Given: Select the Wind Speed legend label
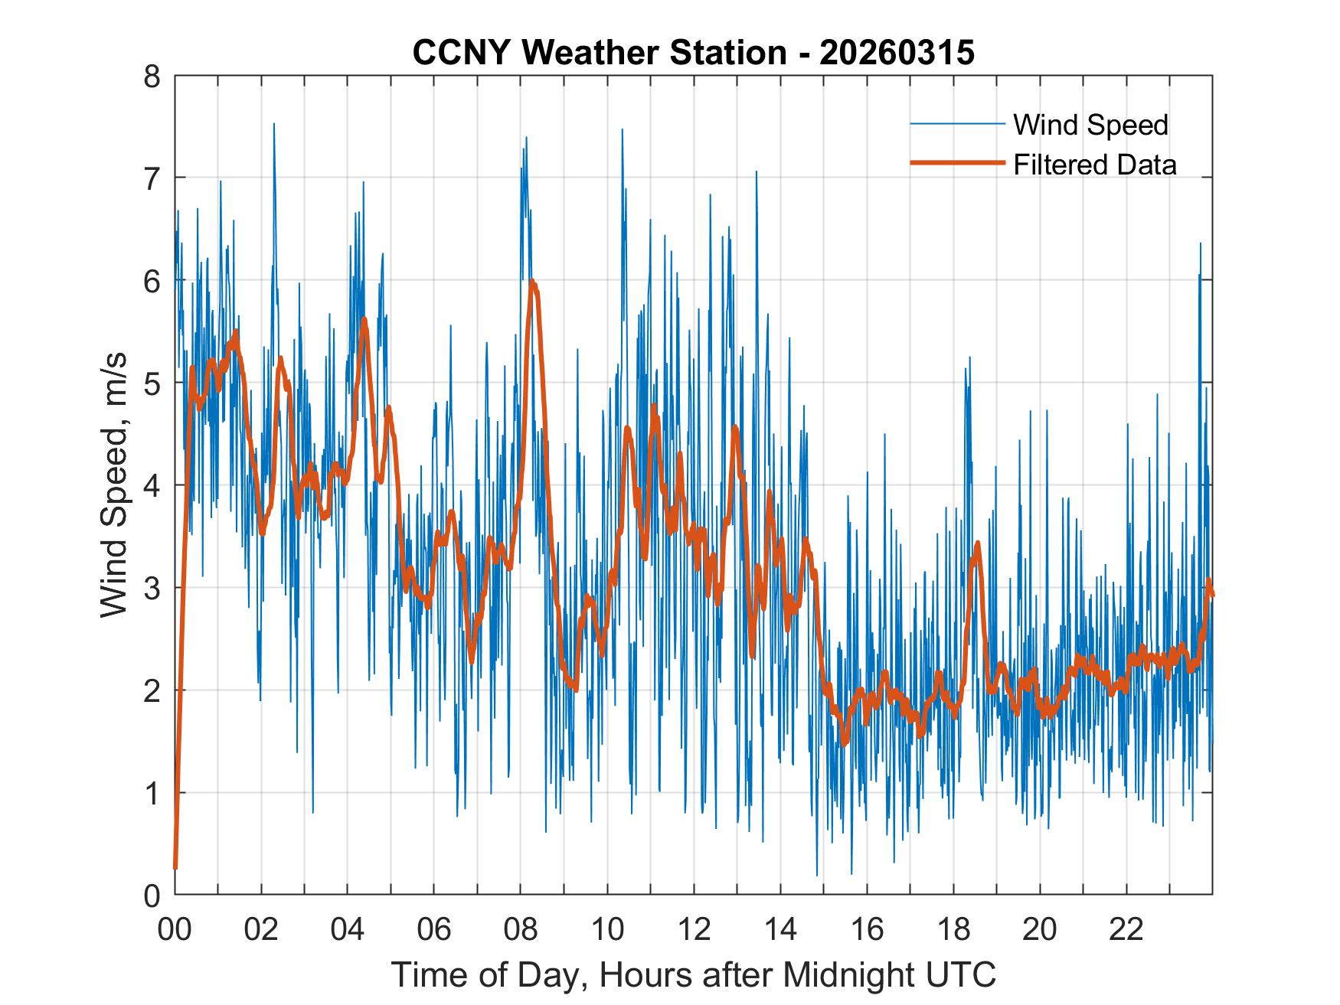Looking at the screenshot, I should coord(1090,125).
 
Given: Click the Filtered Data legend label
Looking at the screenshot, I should coord(1094,165).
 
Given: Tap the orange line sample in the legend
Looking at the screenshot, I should coord(957,163).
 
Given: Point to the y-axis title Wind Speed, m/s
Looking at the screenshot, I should coord(114,485).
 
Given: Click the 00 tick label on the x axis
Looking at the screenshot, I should coord(175,929).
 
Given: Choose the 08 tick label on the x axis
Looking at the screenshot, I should coord(521,929).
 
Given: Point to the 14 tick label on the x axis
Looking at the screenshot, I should coord(780,929).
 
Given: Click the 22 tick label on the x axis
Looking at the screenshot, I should coord(1126,929).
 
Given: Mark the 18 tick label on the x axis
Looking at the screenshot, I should coord(953,929).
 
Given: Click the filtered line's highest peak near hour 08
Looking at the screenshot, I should coord(532,282).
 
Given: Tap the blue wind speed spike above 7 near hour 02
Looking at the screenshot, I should coord(274,124).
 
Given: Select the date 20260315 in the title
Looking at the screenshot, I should coord(897,53).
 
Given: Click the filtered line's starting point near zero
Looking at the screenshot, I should coord(175,867).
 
